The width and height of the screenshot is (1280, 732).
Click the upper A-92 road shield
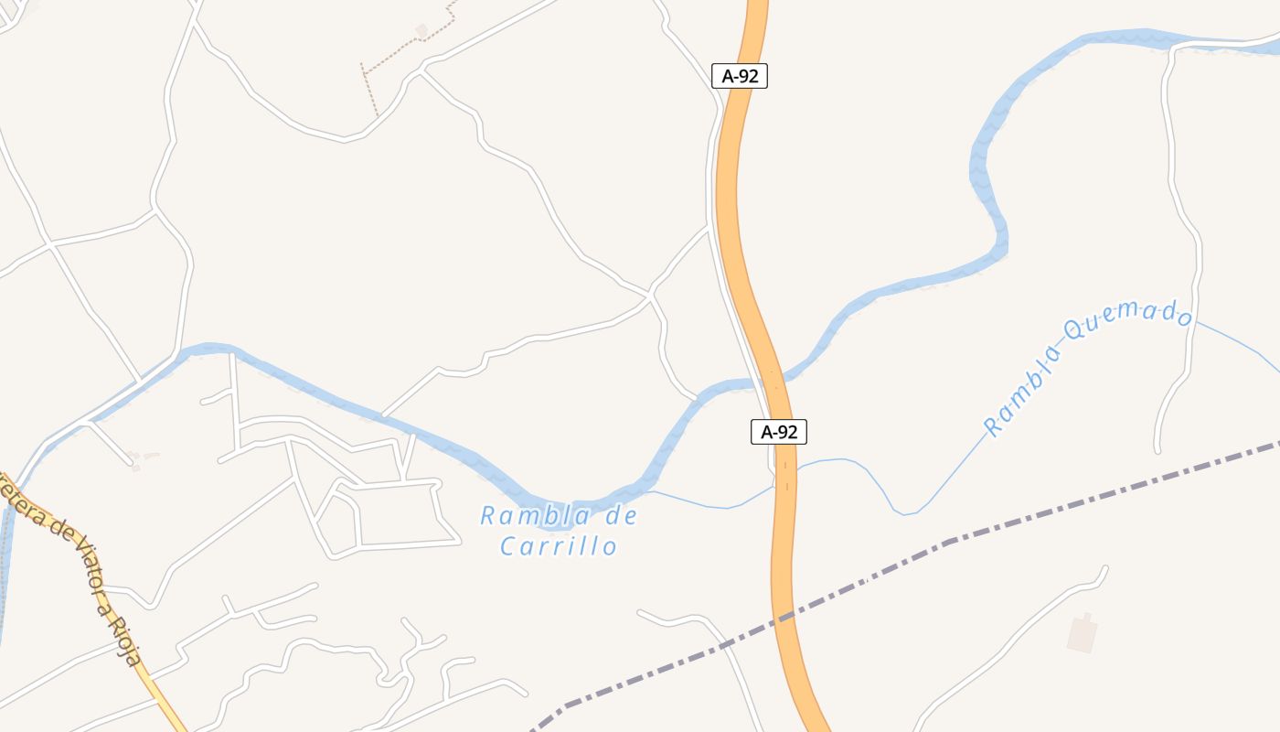click(739, 76)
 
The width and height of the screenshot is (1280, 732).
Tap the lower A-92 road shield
click(778, 432)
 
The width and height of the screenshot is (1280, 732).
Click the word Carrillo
click(559, 547)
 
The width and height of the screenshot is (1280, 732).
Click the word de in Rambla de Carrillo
click(620, 516)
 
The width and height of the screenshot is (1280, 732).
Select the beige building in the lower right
click(1083, 633)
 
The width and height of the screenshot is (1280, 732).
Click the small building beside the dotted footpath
click(421, 31)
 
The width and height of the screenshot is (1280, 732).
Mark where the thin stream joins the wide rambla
click(651, 490)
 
